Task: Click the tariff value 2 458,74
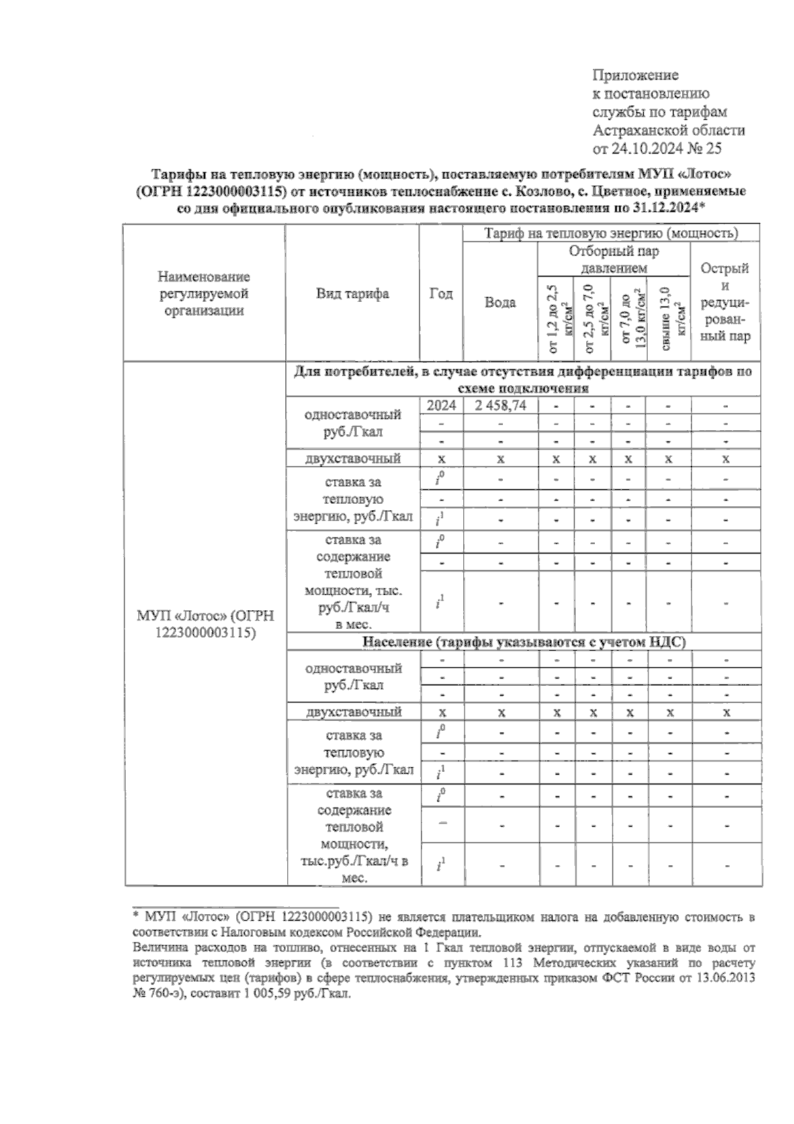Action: click(500, 406)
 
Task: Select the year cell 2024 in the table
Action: click(441, 406)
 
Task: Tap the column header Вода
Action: click(500, 303)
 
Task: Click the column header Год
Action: click(441, 294)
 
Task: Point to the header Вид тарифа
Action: click(352, 294)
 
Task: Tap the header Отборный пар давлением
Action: click(613, 259)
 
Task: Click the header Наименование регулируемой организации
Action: click(204, 294)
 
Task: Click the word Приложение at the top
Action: click(635, 75)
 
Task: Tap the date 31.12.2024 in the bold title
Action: click(666, 209)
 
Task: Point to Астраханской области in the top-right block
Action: click(668, 130)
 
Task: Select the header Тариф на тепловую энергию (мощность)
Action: click(611, 234)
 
